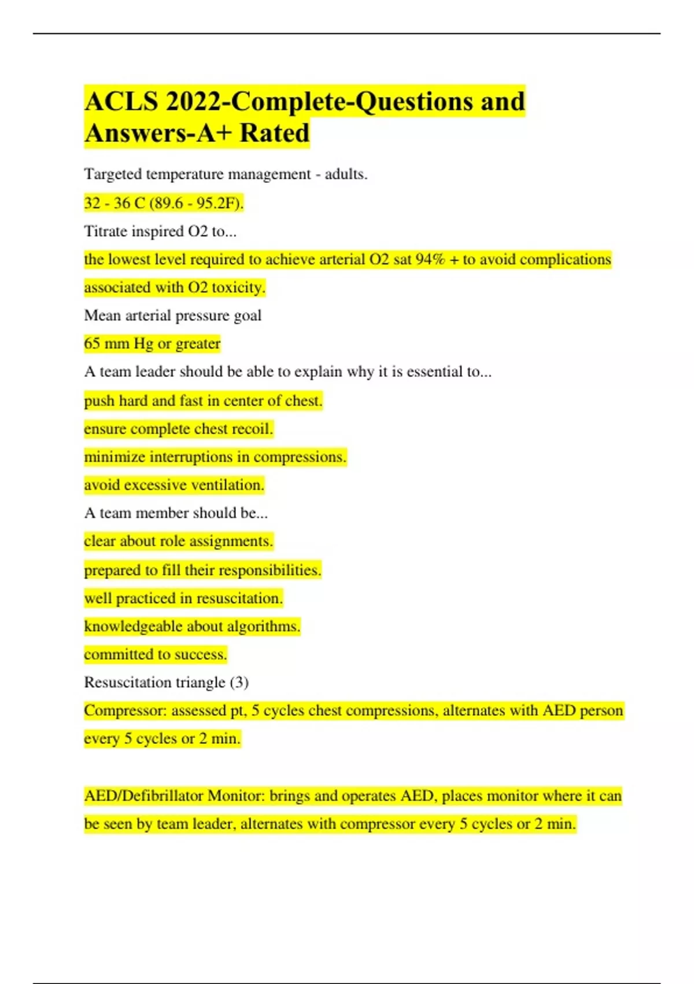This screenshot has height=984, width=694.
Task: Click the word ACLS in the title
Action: pyautogui.click(x=121, y=102)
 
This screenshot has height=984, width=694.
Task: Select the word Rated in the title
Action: pyautogui.click(x=275, y=133)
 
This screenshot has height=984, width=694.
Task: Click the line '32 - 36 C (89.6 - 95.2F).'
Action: pyautogui.click(x=164, y=203)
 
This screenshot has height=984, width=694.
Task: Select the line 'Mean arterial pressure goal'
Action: pyautogui.click(x=172, y=315)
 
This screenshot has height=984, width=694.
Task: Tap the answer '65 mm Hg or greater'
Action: pyautogui.click(x=152, y=344)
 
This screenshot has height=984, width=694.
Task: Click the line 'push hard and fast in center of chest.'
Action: pyautogui.click(x=203, y=401)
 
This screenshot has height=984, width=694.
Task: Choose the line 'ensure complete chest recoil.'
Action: pyautogui.click(x=178, y=429)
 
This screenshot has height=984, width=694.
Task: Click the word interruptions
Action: pyautogui.click(x=191, y=457)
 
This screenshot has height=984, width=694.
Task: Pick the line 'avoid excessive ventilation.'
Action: pyautogui.click(x=174, y=485)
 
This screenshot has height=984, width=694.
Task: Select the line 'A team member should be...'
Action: pyautogui.click(x=176, y=513)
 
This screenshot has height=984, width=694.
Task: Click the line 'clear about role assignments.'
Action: pyautogui.click(x=178, y=541)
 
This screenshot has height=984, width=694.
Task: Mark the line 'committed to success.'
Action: pyautogui.click(x=156, y=655)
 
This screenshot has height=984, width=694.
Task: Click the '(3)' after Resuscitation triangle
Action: pyautogui.click(x=239, y=682)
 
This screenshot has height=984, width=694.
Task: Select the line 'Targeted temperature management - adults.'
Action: pyautogui.click(x=226, y=174)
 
